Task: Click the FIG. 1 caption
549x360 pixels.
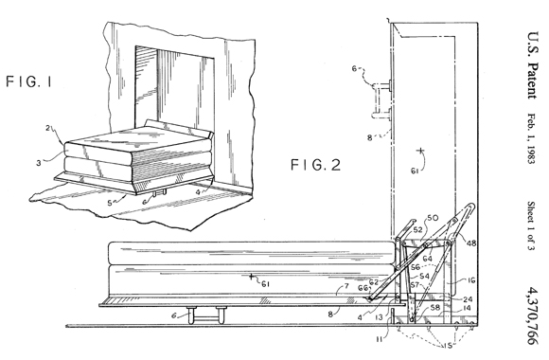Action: coord(29,81)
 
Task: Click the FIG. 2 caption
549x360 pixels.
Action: coord(316,165)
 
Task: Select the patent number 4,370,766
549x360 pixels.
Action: coord(534,315)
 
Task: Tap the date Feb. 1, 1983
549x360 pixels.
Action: coord(532,139)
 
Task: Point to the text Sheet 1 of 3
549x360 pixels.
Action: coord(532,226)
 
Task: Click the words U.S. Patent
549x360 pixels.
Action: coord(533,65)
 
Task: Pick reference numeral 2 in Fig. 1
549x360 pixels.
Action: coord(48,128)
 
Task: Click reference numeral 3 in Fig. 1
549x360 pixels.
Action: coord(38,163)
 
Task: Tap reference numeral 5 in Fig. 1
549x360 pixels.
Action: coord(110,203)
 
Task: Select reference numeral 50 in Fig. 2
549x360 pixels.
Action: coord(432,218)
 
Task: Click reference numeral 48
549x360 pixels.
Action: coord(471,243)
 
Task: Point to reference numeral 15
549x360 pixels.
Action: coord(448,346)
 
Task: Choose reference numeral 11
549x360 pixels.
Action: coord(381,339)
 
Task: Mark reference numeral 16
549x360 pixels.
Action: coord(471,280)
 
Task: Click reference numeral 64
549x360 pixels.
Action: coord(427,259)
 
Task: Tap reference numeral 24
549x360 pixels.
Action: coord(469,299)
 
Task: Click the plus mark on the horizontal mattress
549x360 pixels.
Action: coord(251,277)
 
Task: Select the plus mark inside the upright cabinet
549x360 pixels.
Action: coord(420,151)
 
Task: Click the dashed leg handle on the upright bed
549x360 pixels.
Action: coord(381,99)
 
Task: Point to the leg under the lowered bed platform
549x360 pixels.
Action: coord(206,315)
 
